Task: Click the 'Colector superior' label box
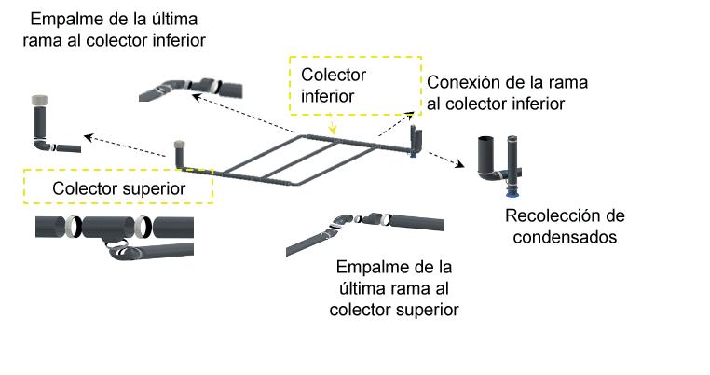click(x=117, y=187)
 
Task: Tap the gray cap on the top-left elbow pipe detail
click(x=40, y=98)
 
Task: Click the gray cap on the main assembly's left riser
click(x=179, y=144)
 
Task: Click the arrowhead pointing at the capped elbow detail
click(x=87, y=137)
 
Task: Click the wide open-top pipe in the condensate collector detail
click(x=487, y=159)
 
